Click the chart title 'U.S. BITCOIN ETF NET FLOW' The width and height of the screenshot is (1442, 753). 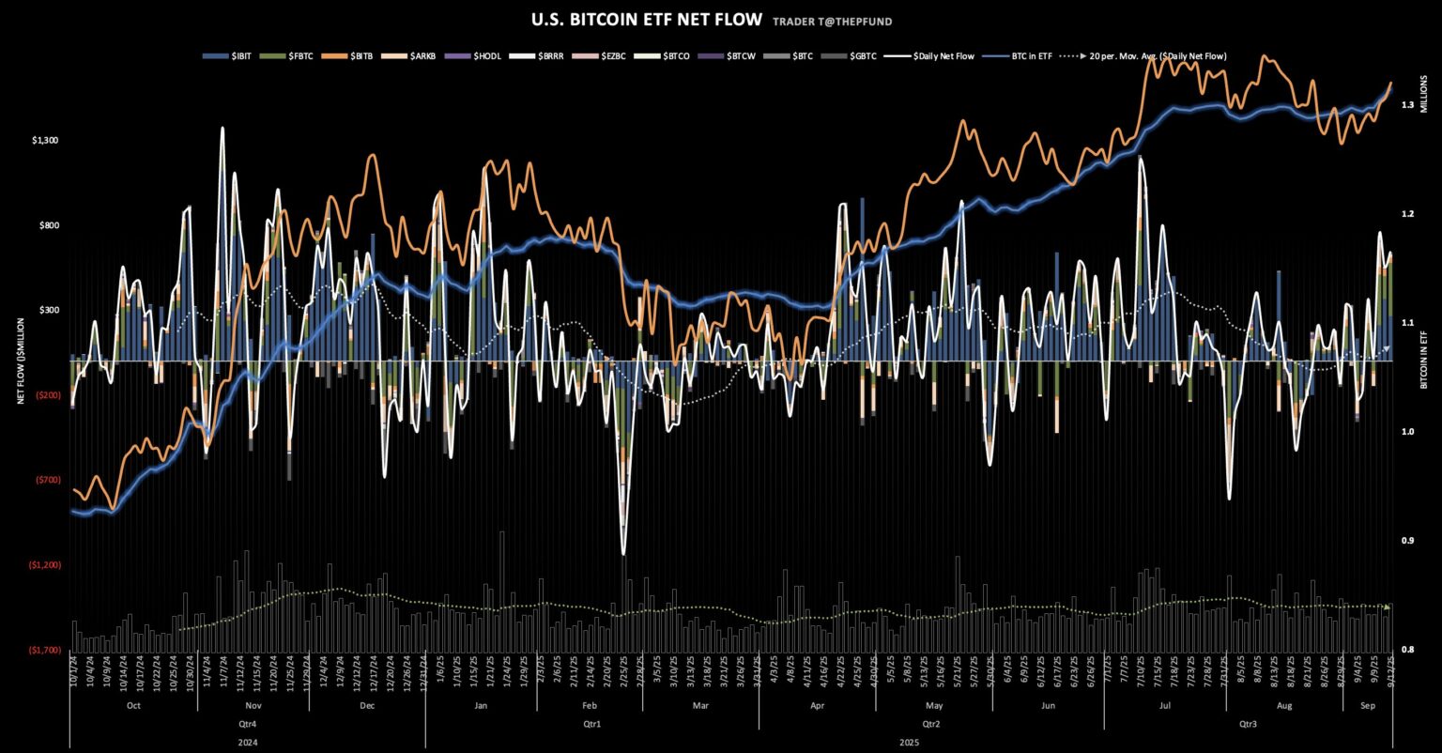[647, 20]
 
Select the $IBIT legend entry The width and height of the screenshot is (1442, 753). [223, 56]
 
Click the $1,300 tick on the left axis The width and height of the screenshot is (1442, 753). [45, 141]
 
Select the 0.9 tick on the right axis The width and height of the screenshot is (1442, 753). [1406, 541]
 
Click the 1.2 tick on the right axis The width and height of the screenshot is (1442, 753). [1406, 214]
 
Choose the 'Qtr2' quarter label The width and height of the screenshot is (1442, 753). [930, 724]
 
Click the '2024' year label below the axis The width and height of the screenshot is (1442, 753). [247, 742]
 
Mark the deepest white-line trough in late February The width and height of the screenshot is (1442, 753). [622, 553]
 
